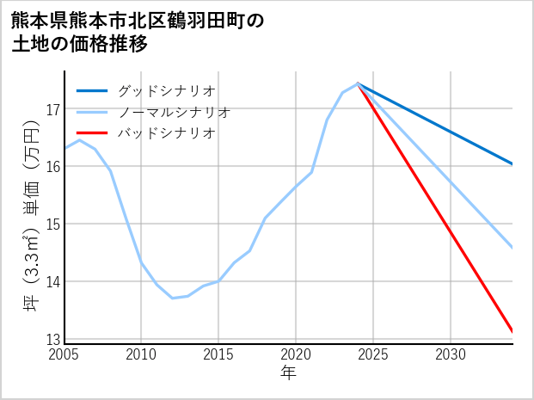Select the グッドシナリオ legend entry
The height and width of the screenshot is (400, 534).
(166, 90)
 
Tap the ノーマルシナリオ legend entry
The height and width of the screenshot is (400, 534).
(174, 112)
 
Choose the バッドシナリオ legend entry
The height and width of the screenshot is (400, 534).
(166, 133)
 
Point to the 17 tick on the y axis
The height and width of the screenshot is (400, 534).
(52, 109)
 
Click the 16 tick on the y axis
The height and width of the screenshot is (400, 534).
(52, 167)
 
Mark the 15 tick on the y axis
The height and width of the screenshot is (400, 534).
(52, 225)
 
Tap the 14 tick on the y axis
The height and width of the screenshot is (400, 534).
(52, 282)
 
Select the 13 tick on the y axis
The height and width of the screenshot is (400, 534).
(52, 339)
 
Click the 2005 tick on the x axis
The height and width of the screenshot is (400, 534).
(64, 354)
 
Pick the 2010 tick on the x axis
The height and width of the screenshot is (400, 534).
(141, 354)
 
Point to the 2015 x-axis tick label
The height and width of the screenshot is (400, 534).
(218, 354)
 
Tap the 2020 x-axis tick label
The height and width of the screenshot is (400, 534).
(296, 354)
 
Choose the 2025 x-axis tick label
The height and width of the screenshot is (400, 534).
(373, 354)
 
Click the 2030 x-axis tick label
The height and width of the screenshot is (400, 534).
(451, 354)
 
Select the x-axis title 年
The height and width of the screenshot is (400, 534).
(288, 373)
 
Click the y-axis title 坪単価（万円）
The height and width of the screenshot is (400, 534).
(31, 215)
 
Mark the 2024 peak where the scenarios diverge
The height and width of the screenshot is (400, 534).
(358, 83)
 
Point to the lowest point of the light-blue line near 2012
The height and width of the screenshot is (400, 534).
(172, 298)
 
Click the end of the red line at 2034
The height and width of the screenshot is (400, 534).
(512, 331)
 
